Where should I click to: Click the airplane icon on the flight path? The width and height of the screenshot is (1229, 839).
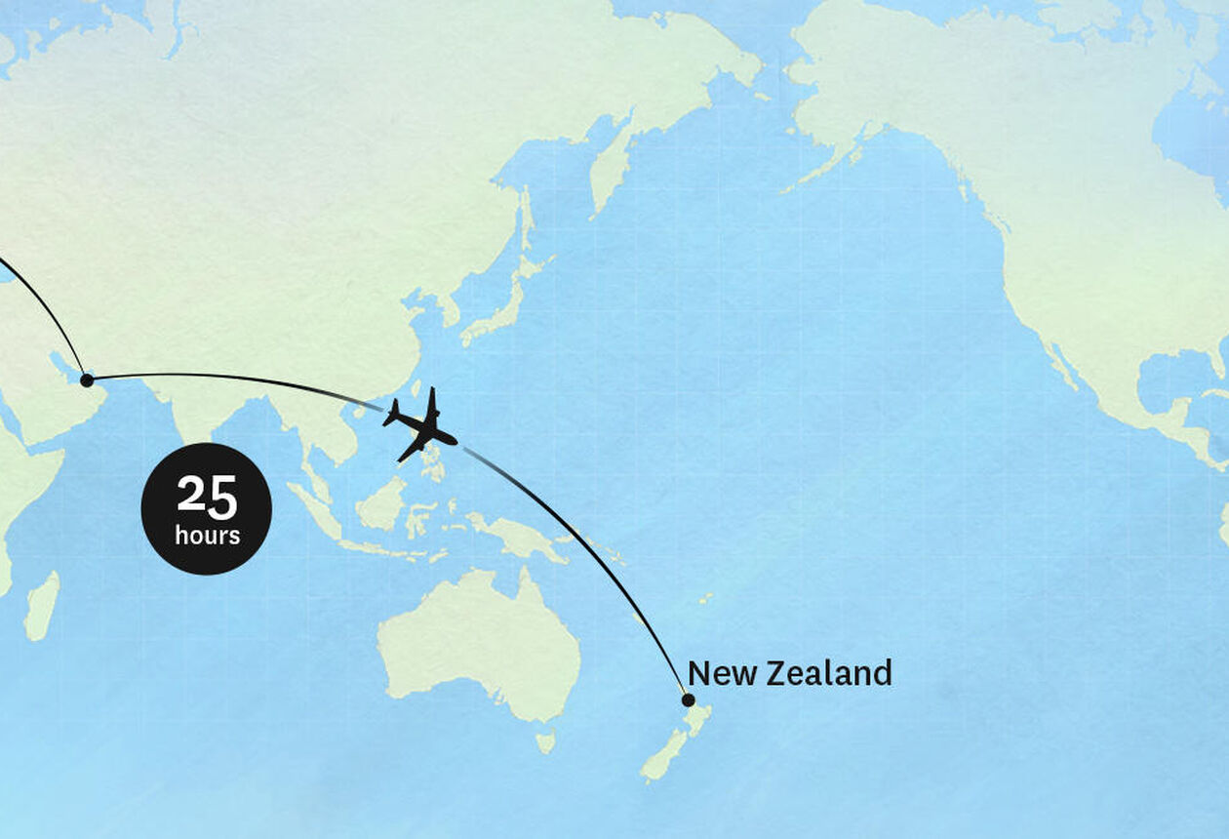tap(420, 424)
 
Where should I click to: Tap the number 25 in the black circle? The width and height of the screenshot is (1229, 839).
tap(207, 498)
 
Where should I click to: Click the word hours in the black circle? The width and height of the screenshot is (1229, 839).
tap(207, 536)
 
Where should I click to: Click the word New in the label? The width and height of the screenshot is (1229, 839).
tap(722, 673)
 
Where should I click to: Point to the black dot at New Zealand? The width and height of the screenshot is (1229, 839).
tap(688, 699)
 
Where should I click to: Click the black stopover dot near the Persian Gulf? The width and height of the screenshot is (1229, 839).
tap(87, 380)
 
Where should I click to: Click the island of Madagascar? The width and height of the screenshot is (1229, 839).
tap(41, 606)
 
